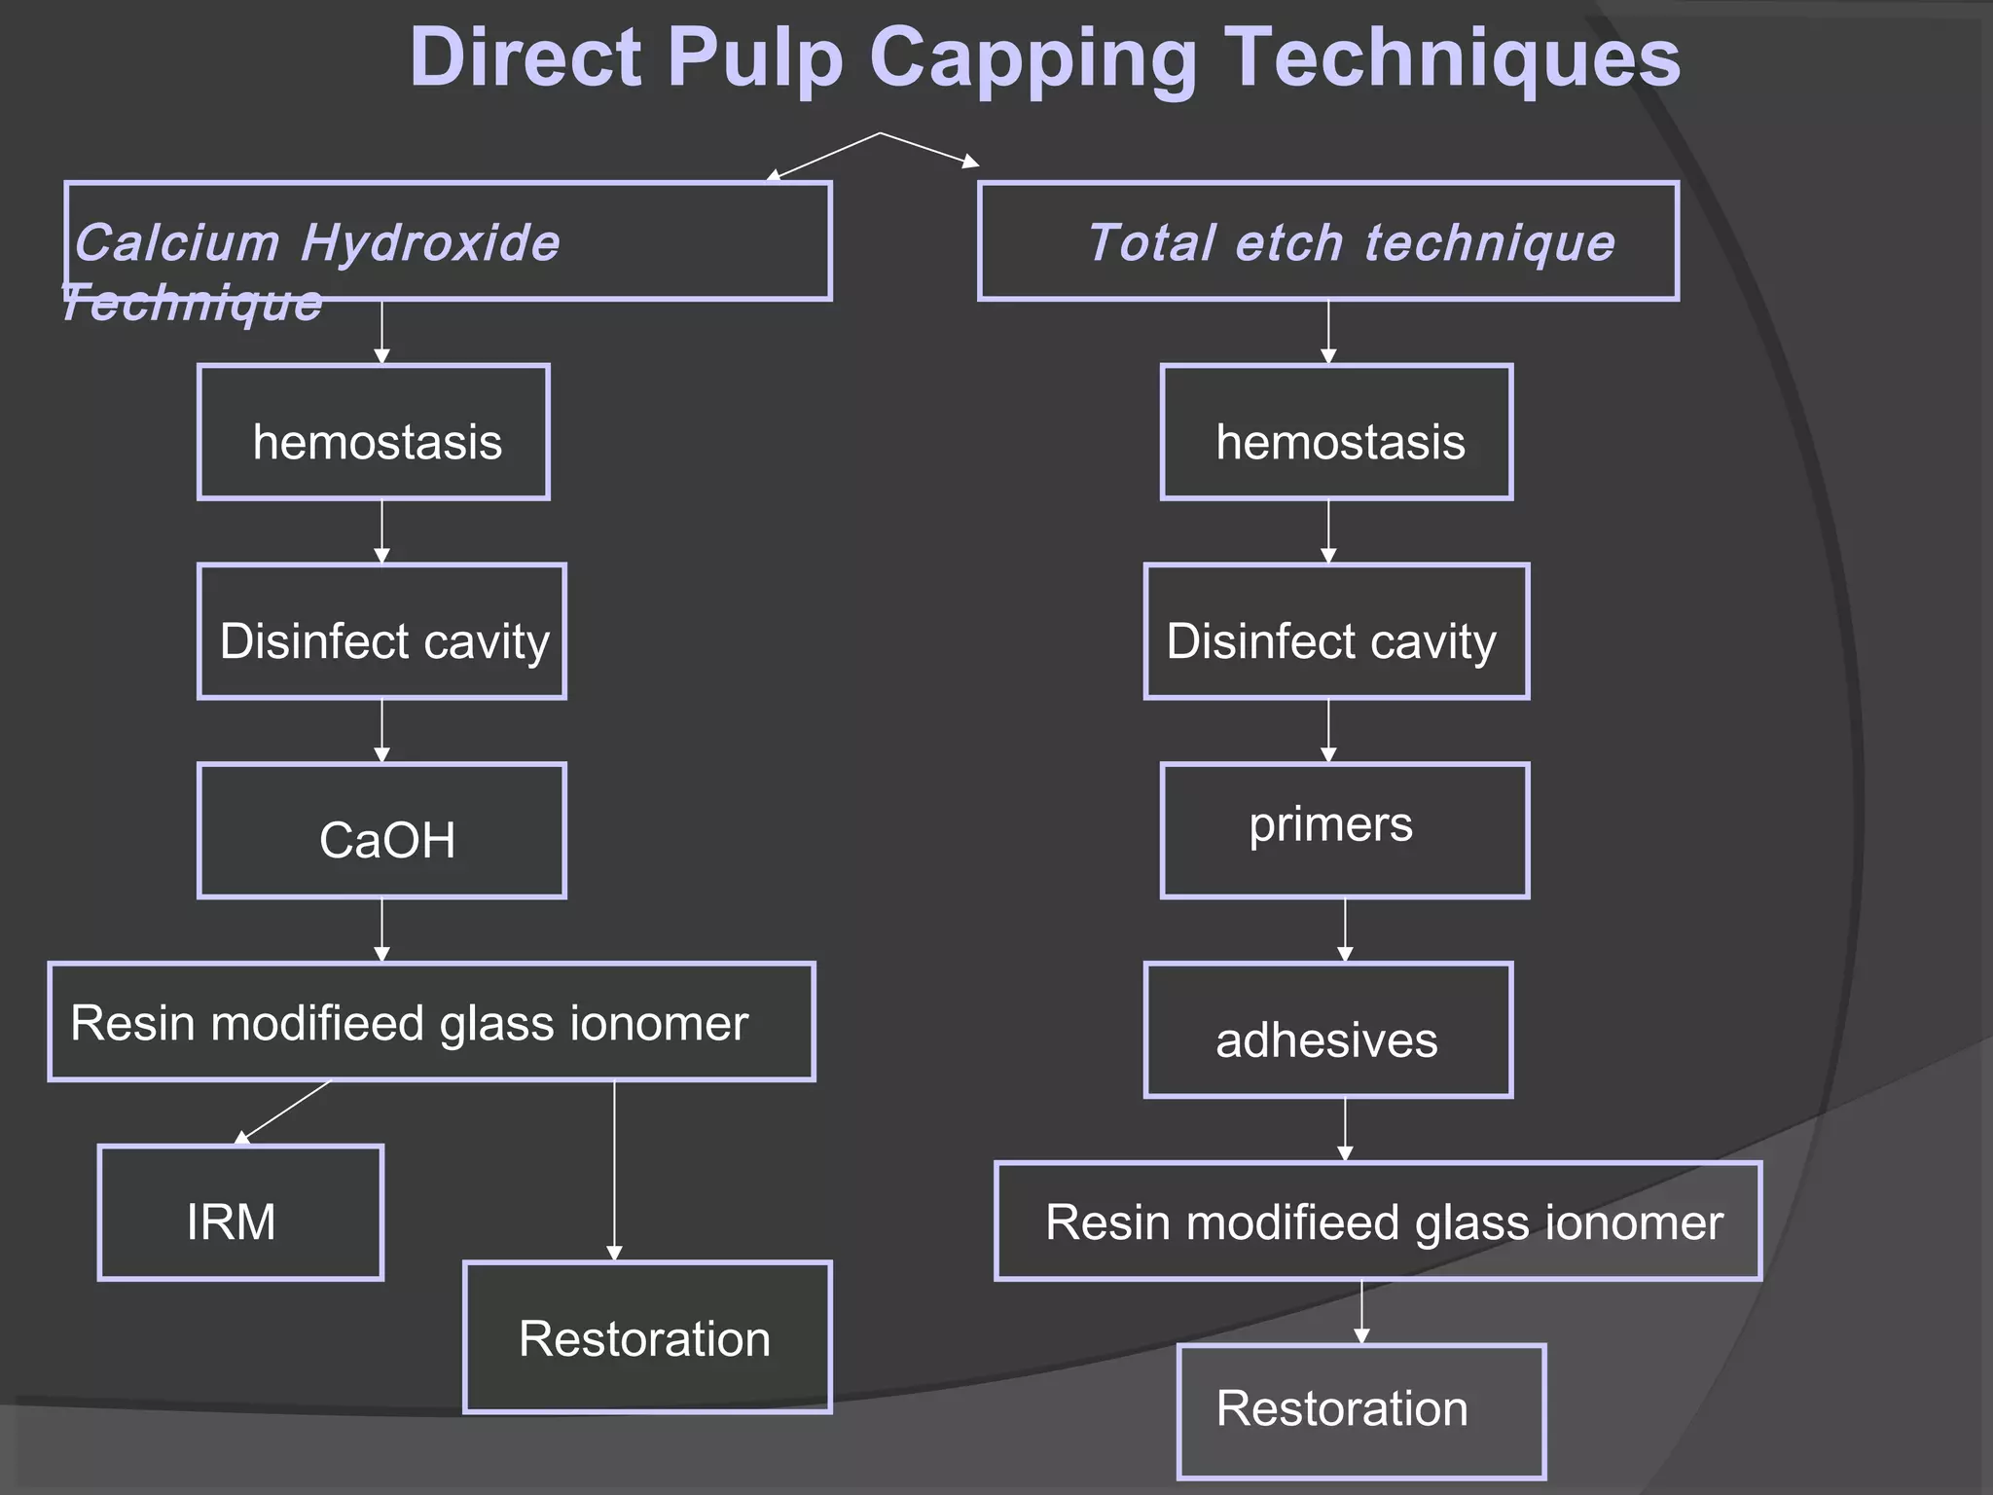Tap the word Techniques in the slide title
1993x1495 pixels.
(1450, 58)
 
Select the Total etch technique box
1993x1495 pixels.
(1328, 241)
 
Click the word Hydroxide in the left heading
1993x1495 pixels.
(430, 242)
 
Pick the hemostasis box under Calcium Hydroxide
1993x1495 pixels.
(374, 432)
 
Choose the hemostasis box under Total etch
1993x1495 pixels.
(1336, 432)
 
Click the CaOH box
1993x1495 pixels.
(381, 830)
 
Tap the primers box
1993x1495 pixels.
(1345, 830)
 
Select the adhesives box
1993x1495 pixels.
(1328, 1030)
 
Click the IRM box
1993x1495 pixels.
(240, 1213)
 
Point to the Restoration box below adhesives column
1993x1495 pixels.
(1361, 1411)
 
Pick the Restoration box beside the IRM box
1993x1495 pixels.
(647, 1337)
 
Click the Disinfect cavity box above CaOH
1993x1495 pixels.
(381, 632)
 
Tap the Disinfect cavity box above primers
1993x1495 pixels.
(1336, 632)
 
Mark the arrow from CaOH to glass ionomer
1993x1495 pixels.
(381, 930)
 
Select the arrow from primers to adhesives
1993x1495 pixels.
(1345, 930)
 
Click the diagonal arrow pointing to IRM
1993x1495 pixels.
(282, 1112)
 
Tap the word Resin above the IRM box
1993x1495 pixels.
(132, 1023)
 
